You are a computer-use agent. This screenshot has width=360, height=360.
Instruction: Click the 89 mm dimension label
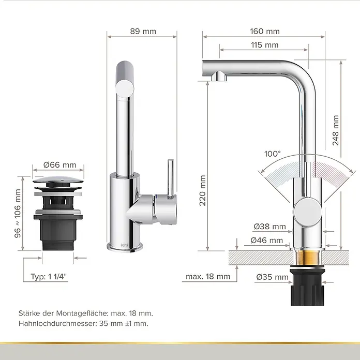pos(143,31)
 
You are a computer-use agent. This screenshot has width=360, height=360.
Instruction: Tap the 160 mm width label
pos(265,31)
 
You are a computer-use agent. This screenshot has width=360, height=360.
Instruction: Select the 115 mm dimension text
pos(265,45)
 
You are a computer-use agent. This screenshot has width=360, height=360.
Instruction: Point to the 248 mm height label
pos(336,130)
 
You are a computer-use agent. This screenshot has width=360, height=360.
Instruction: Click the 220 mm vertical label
pos(203,190)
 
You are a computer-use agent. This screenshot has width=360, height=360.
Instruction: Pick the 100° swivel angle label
pos(273,154)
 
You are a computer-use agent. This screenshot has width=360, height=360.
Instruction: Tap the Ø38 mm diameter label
pos(270,227)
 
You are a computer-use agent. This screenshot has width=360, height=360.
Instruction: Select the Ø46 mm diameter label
pos(267,241)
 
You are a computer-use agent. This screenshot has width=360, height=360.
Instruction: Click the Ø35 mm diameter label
pos(272,277)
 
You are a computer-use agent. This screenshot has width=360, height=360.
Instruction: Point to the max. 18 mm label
pos(208,277)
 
